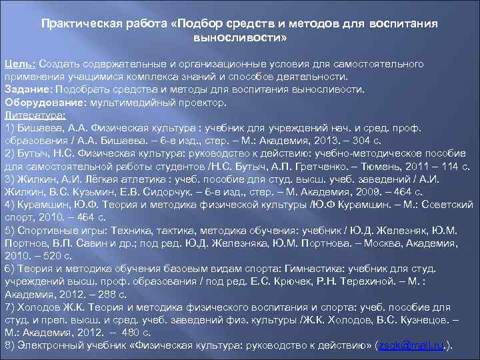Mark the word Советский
tap(447, 205)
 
